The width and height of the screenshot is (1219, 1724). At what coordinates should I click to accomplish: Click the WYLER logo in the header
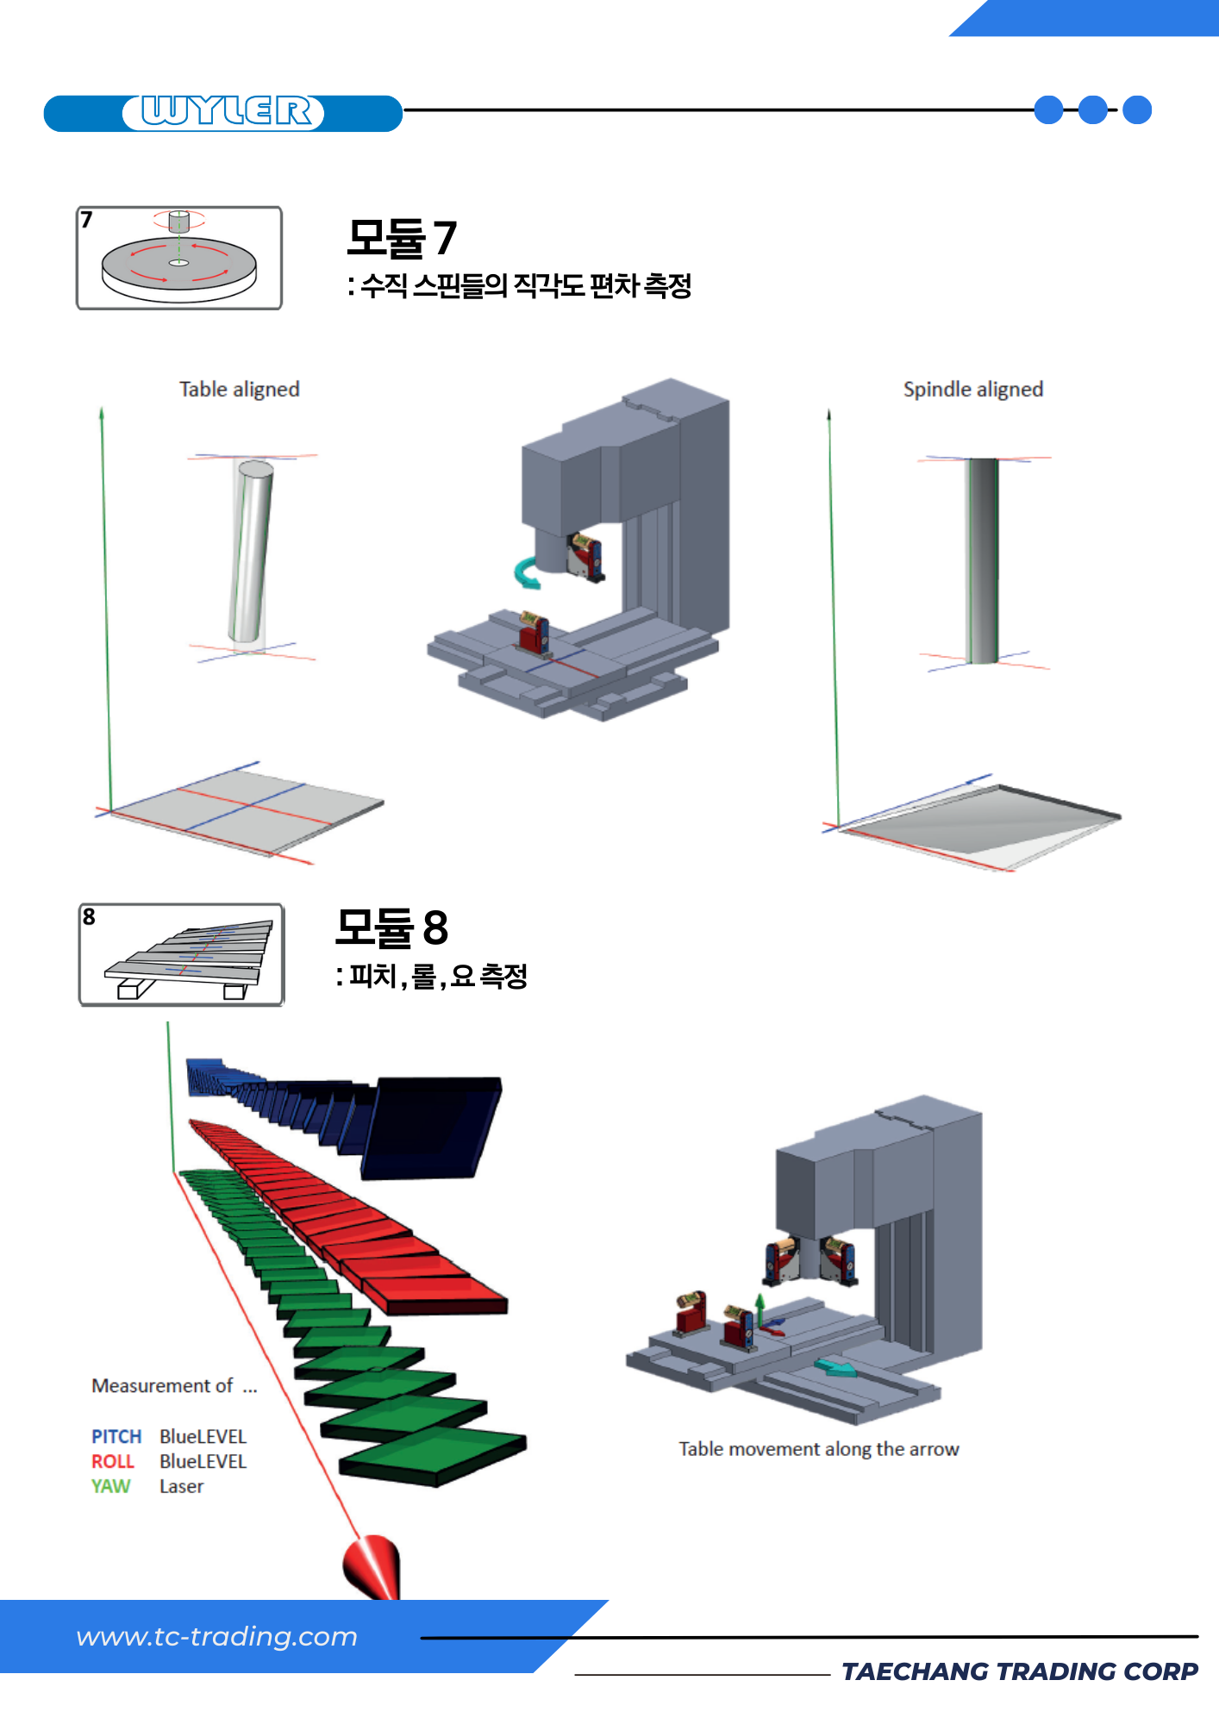223,112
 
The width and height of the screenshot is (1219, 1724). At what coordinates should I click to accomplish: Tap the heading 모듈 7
401,238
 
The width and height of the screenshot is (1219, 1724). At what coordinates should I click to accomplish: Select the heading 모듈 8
391,928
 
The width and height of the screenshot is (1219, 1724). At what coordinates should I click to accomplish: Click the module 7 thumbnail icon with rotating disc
179,258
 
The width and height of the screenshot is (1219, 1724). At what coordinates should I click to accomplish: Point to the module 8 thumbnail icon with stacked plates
181,955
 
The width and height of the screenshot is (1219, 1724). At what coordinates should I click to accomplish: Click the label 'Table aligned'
239,390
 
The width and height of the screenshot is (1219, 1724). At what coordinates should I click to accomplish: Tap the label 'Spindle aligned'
972,390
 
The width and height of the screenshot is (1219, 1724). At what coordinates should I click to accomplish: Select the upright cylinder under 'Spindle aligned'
982,560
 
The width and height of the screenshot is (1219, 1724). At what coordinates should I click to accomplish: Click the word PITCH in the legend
116,1436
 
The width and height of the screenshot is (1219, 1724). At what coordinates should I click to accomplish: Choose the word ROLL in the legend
113,1461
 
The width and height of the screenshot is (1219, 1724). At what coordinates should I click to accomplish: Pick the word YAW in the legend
110,1486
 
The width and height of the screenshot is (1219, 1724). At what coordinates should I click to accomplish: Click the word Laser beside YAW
181,1486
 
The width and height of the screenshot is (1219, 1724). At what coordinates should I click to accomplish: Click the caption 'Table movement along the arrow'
818,1449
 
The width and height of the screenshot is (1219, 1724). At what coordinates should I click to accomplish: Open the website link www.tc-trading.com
216,1636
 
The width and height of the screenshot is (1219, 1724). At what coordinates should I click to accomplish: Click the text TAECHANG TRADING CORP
1019,1671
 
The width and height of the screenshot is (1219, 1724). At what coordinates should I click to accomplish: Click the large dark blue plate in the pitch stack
431,1126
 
